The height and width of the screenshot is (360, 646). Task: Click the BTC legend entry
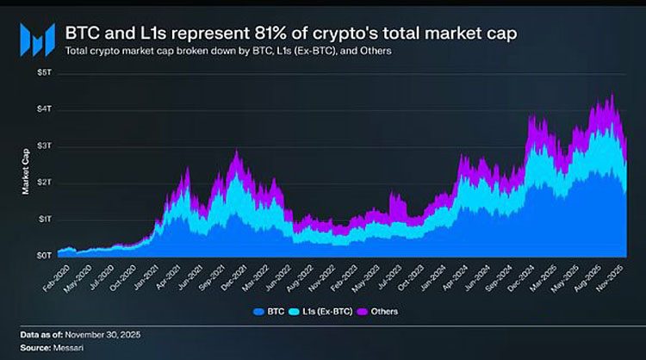coord(270,311)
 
